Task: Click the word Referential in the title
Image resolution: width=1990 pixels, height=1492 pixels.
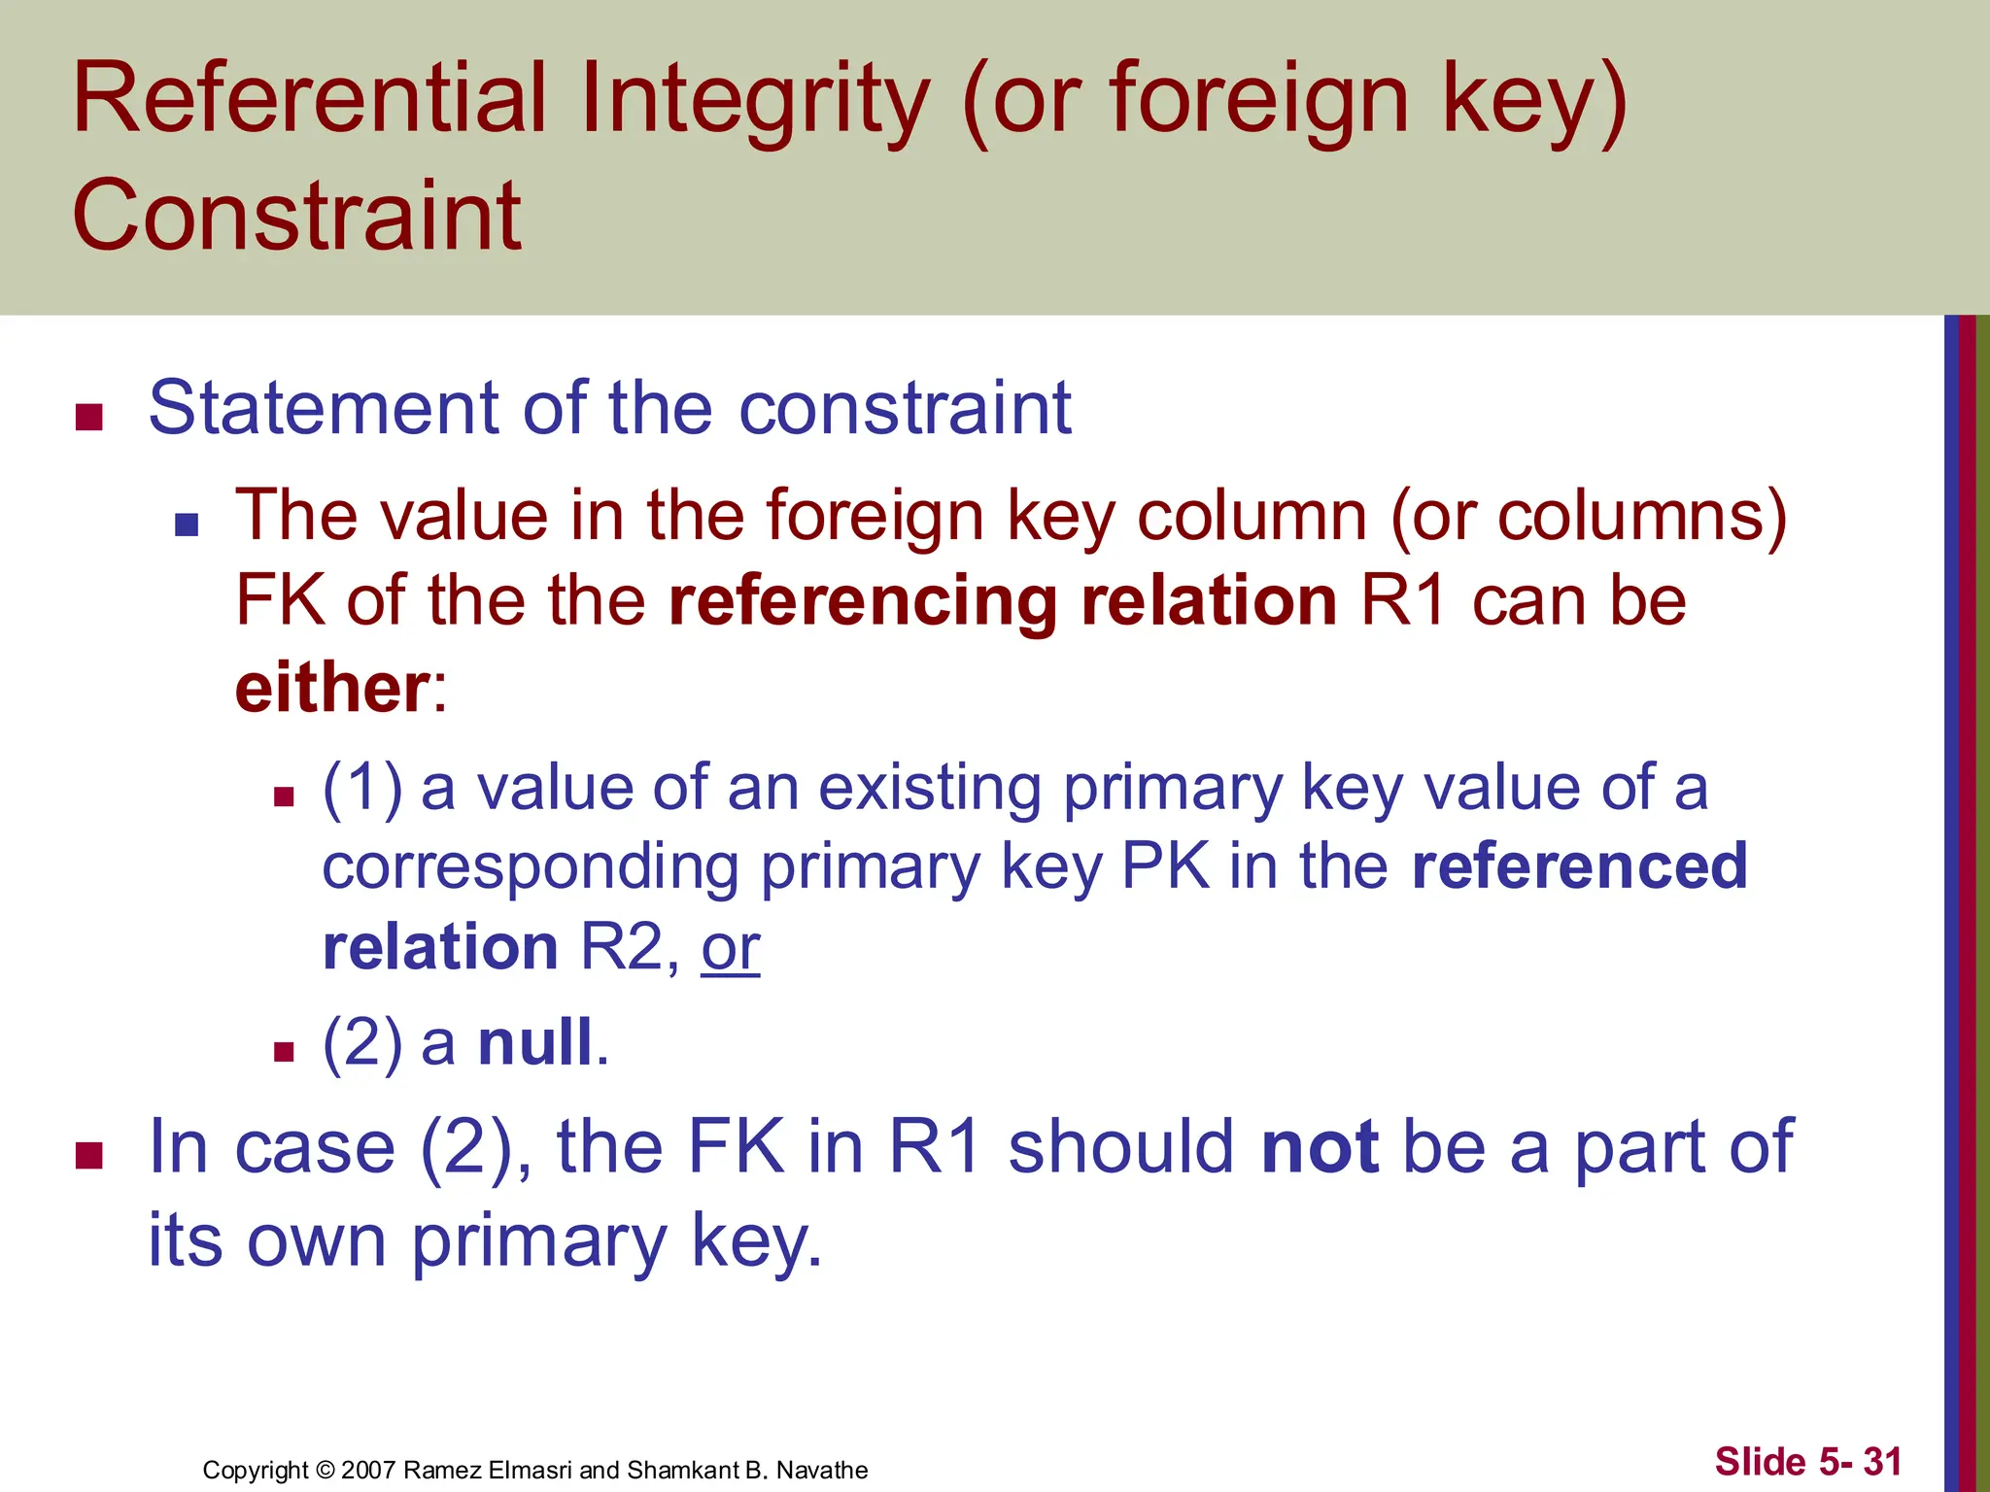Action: (310, 98)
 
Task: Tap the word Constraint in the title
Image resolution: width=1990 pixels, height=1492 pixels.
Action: (297, 215)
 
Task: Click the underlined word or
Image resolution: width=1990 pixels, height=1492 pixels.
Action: (731, 948)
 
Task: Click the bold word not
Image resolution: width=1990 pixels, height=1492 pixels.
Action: (1320, 1147)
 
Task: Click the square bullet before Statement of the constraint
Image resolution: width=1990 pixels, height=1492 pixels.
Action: (89, 417)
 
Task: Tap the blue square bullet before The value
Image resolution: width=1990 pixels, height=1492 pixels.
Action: (187, 526)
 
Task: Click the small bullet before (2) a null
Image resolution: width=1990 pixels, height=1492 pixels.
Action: (284, 1051)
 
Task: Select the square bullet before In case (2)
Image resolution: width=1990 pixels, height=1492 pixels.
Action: (89, 1156)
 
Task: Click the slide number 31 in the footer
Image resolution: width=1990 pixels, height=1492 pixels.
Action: (1882, 1461)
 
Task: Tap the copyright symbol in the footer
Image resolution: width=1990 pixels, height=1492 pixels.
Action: (325, 1470)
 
